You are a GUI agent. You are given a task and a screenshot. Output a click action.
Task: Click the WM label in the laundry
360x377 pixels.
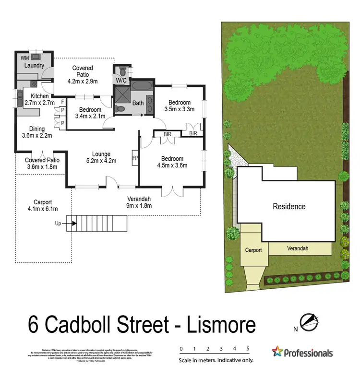pyautogui.click(x=24, y=58)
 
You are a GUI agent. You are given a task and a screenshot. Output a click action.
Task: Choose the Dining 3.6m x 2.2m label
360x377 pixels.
pyautogui.click(x=37, y=132)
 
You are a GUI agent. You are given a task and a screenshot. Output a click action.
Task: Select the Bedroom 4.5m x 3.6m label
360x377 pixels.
pyautogui.click(x=172, y=162)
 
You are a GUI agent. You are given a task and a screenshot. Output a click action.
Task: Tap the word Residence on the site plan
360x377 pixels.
pyautogui.click(x=289, y=207)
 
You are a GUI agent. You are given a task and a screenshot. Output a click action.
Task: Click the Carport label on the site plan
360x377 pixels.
pyautogui.click(x=253, y=250)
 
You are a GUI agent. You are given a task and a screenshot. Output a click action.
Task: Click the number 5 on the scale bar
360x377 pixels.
pyautogui.click(x=248, y=349)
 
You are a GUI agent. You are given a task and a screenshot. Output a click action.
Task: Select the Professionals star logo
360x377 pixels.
pyautogui.click(x=277, y=353)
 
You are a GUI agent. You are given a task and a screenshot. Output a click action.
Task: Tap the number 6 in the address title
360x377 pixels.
pyautogui.click(x=35, y=326)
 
